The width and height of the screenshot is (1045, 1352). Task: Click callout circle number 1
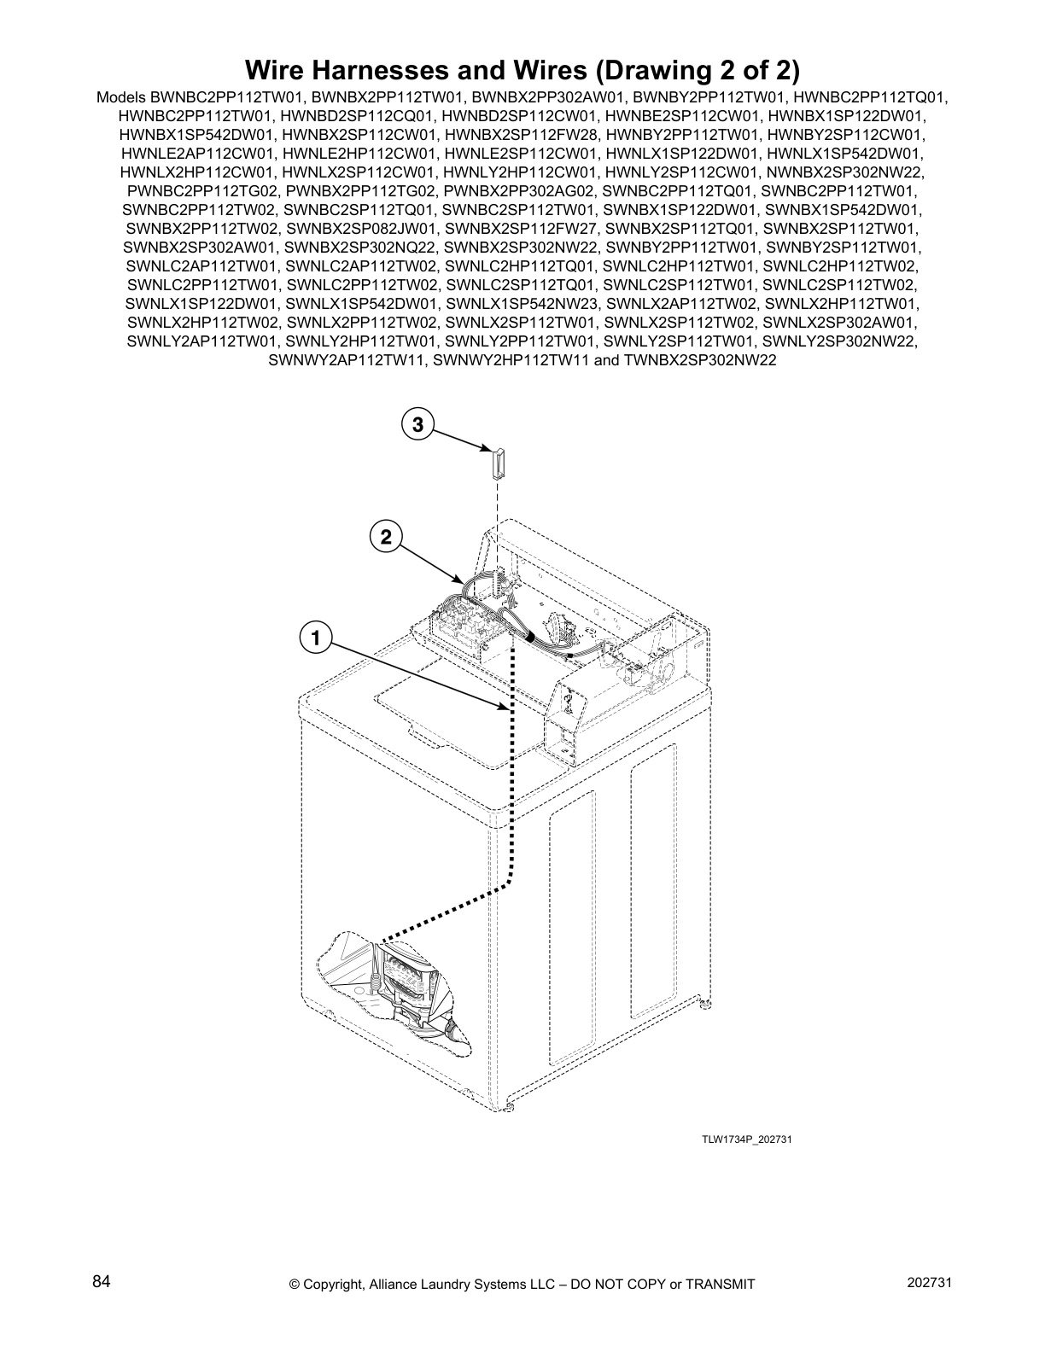[x=315, y=638]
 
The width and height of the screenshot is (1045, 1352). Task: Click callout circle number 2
[x=386, y=537]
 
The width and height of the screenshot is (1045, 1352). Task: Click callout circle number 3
[x=417, y=424]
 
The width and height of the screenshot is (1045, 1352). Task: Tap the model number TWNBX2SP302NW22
[x=698, y=360]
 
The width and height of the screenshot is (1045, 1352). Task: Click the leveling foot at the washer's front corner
[x=509, y=1107]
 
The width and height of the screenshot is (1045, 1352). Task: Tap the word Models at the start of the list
[x=122, y=97]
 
